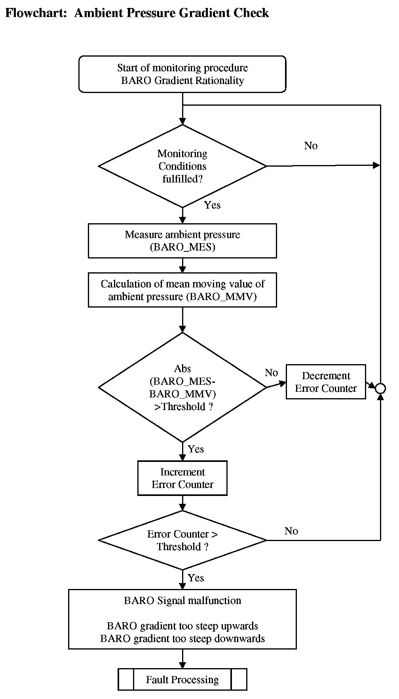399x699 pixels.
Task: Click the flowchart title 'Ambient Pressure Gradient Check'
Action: click(171, 13)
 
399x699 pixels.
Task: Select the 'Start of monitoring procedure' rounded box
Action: click(182, 74)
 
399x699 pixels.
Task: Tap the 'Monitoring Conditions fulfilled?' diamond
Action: click(182, 166)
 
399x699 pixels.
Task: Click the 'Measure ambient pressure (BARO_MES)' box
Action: click(182, 241)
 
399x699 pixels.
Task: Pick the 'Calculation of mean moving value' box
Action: click(182, 290)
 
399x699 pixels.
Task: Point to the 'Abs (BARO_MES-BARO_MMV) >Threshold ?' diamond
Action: click(182, 387)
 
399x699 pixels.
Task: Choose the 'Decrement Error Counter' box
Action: click(326, 382)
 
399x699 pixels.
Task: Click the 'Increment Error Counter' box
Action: click(182, 478)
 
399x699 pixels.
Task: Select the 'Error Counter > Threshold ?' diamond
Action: click(182, 540)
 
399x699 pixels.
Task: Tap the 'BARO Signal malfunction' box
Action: click(182, 619)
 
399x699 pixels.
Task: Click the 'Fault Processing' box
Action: click(182, 680)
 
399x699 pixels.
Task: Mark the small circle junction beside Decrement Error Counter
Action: click(380, 388)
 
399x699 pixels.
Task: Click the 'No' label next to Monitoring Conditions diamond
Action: click(311, 146)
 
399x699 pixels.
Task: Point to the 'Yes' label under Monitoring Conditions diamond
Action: click(212, 205)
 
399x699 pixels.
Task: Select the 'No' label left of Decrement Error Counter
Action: click(271, 372)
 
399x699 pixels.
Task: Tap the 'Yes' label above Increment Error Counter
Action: click(196, 449)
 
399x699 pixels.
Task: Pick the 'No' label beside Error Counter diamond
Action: click(291, 531)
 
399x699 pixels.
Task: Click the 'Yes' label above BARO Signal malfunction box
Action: click(196, 577)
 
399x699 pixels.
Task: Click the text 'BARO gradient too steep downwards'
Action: click(182, 638)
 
